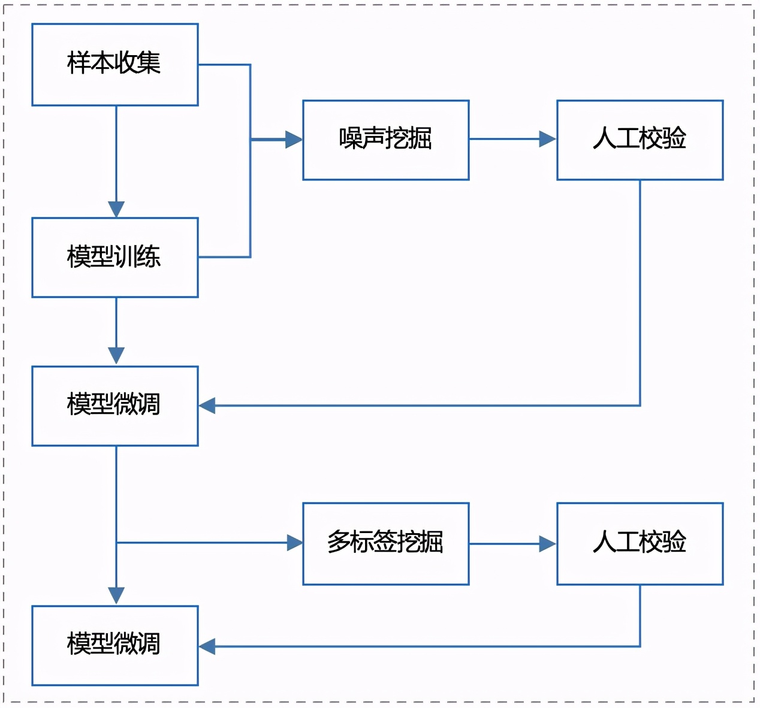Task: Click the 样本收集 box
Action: point(114,65)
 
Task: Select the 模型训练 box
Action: point(114,258)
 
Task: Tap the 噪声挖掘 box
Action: point(385,140)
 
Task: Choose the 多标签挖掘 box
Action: point(385,543)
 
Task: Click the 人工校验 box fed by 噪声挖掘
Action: point(640,140)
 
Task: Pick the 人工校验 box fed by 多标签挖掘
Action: point(640,543)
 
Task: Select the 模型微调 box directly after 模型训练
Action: point(114,406)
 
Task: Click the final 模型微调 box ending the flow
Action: point(114,645)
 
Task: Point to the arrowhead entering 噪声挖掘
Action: point(294,140)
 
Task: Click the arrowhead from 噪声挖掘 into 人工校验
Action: point(548,139)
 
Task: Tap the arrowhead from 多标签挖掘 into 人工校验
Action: point(548,544)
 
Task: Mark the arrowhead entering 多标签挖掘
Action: point(295,543)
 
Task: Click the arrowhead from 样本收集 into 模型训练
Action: point(116,209)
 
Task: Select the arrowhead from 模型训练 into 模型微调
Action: point(116,356)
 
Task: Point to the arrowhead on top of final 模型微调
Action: point(116,595)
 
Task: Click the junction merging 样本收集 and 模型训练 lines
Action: point(251,140)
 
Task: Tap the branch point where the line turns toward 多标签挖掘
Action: point(116,543)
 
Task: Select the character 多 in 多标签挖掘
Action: point(338,542)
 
